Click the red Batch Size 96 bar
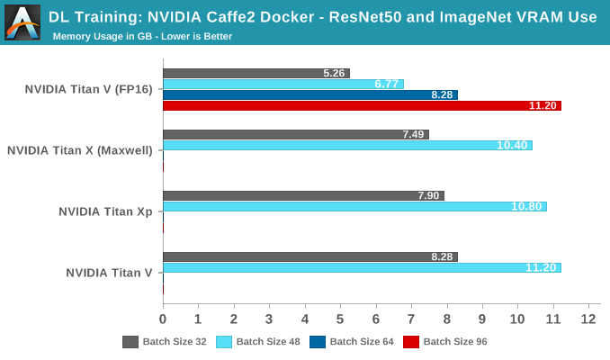point(360,105)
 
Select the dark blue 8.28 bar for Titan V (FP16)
point(309,94)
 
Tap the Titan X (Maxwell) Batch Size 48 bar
point(346,145)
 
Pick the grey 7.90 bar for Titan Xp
point(302,195)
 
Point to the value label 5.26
point(333,73)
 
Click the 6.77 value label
point(387,84)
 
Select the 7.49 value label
point(412,134)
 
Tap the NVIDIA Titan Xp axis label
point(105,211)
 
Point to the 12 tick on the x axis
point(589,319)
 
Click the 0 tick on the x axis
point(163,319)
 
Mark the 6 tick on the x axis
point(376,319)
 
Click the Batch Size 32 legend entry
point(166,342)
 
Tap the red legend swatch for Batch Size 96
point(410,342)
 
